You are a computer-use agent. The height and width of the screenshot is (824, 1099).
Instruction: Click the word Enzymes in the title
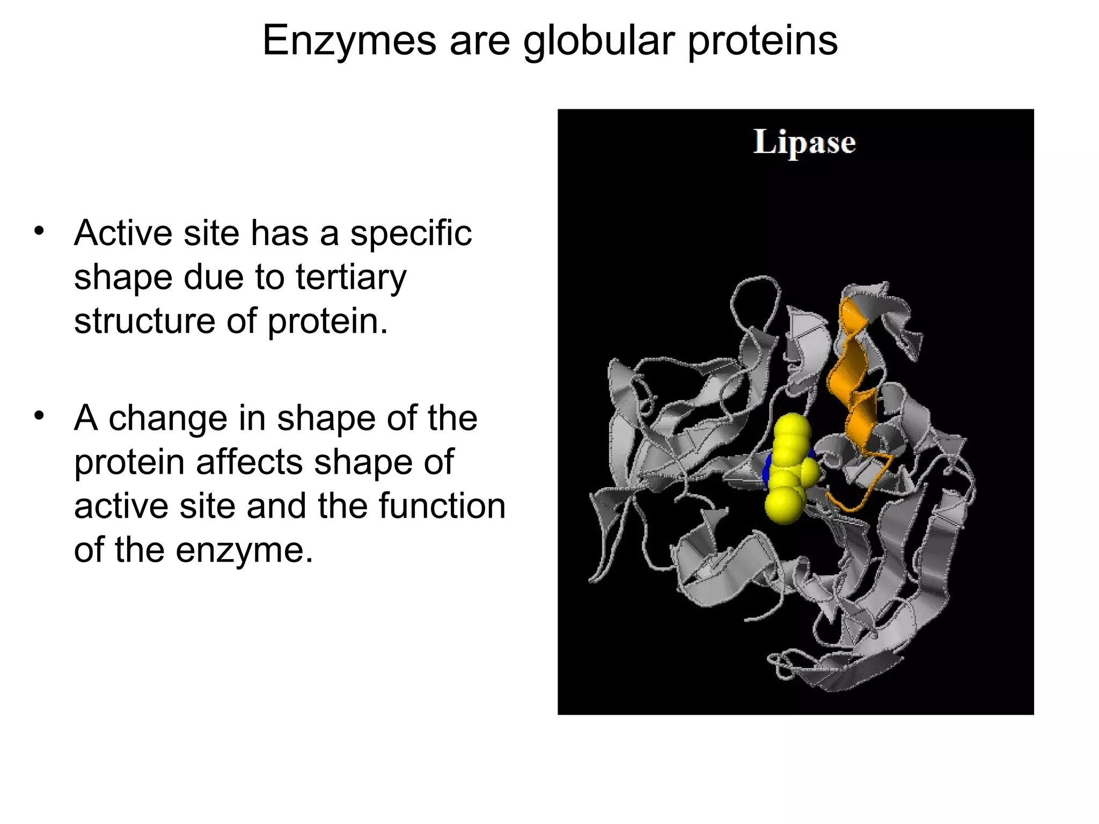point(349,41)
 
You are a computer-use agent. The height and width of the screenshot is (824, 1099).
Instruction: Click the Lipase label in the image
point(804,143)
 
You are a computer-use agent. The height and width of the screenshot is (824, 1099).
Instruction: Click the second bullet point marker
point(38,416)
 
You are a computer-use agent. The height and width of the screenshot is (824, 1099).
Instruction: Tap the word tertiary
point(351,278)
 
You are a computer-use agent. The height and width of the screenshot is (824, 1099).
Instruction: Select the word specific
point(411,234)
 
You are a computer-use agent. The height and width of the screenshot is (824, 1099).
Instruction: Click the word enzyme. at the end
point(244,550)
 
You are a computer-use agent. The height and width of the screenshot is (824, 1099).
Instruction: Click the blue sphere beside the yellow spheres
point(766,469)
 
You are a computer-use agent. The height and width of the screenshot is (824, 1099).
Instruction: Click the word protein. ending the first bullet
point(327,321)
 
